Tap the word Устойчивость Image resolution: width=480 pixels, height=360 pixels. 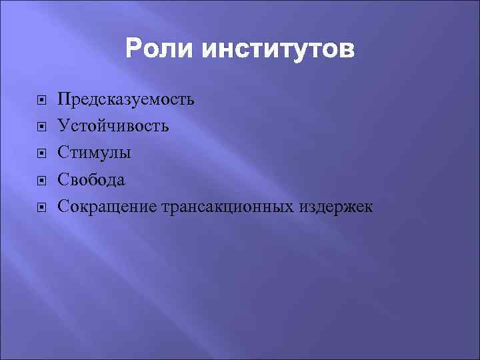coord(113,126)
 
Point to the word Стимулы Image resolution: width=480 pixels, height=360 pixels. coord(94,153)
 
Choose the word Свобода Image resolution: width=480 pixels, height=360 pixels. coord(91,179)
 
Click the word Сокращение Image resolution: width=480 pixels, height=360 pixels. coord(107,207)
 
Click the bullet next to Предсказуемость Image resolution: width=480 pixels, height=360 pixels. coord(41,101)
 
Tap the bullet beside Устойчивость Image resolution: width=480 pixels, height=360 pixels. coord(41,127)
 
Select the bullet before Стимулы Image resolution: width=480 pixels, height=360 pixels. coord(41,154)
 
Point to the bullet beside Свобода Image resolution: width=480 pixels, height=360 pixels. coord(41,181)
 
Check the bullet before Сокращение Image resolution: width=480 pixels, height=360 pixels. coord(41,208)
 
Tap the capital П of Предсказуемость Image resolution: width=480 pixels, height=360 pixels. coord(64,99)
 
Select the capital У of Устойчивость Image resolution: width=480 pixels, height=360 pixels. coord(63,126)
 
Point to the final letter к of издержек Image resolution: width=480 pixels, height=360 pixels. coord(369,209)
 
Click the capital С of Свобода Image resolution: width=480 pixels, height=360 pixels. coord(63,179)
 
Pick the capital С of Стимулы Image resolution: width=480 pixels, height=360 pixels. coord(63,153)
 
